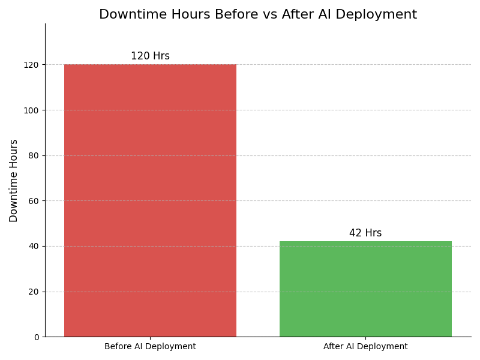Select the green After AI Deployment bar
pyautogui.click(x=365, y=289)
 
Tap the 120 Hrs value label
pyautogui.click(x=150, y=56)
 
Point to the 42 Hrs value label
pyautogui.click(x=365, y=233)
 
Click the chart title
pyautogui.click(x=258, y=15)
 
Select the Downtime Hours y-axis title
pyautogui.click(x=14, y=181)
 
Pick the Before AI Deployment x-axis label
pyautogui.click(x=150, y=347)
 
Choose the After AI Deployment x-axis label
pyautogui.click(x=365, y=347)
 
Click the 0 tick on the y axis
pyautogui.click(x=36, y=337)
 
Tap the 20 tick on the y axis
pyautogui.click(x=34, y=292)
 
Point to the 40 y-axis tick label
pyautogui.click(x=34, y=246)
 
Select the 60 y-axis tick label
pyautogui.click(x=34, y=201)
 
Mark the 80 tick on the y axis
pyautogui.click(x=34, y=155)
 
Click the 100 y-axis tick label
pyautogui.click(x=31, y=110)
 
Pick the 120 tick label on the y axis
pyautogui.click(x=31, y=65)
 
